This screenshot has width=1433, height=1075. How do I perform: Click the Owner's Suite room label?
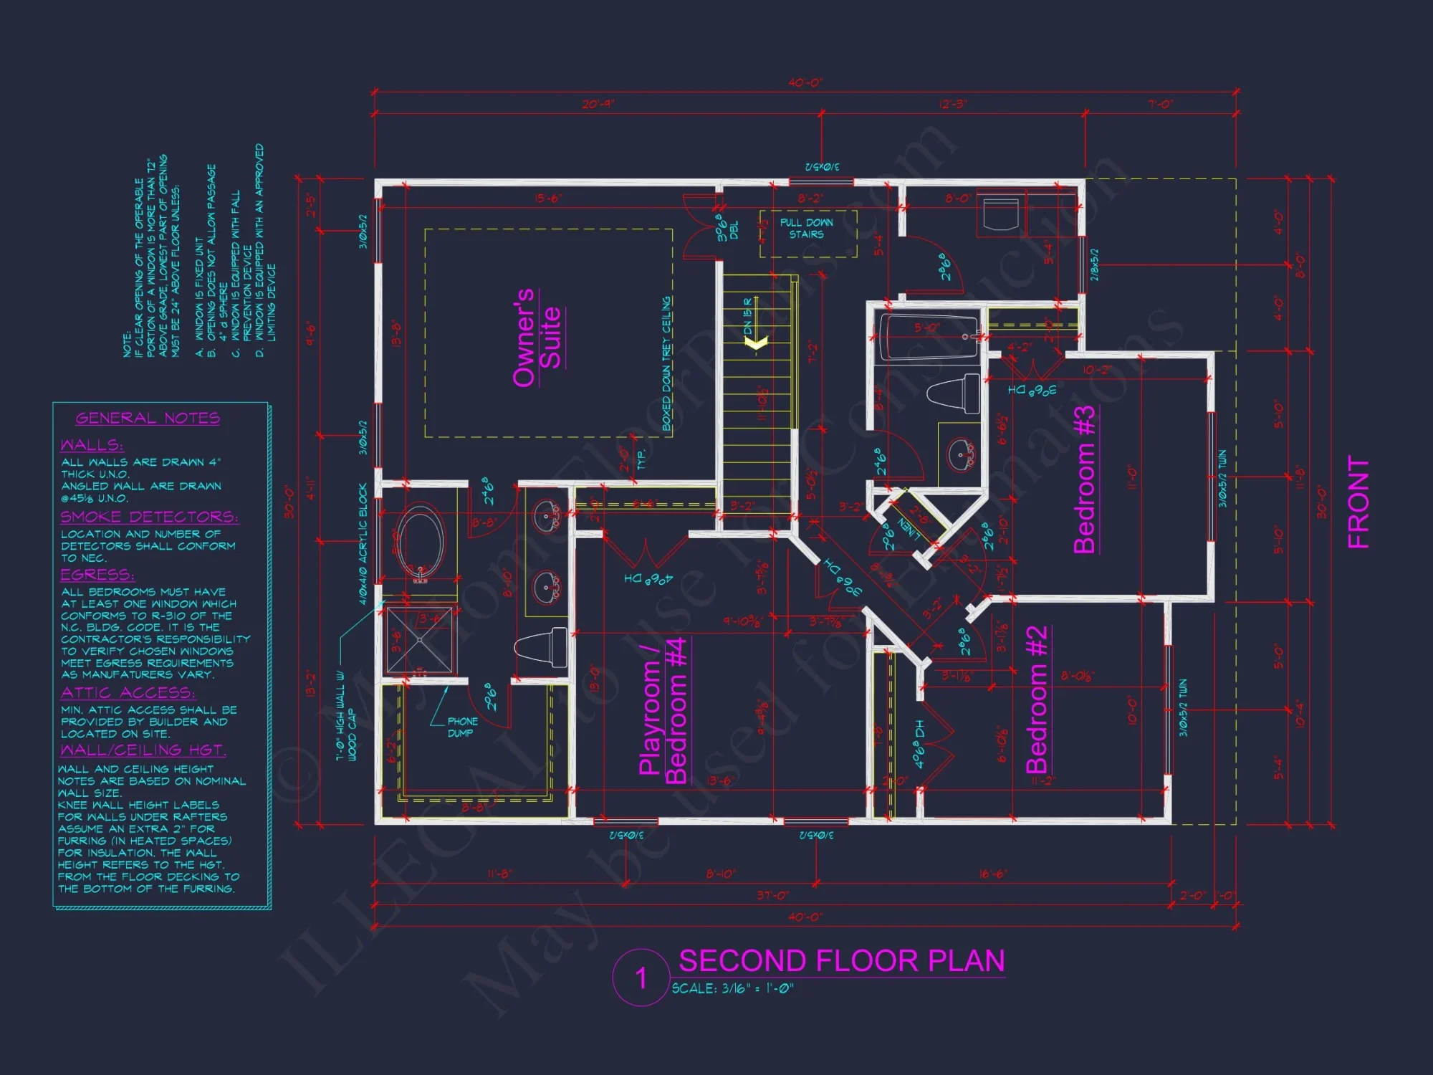click(x=537, y=338)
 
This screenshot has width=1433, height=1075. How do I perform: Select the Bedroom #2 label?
click(x=1037, y=699)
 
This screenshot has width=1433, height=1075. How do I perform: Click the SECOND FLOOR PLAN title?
click(x=841, y=961)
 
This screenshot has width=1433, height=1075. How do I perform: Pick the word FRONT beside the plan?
click(x=1358, y=502)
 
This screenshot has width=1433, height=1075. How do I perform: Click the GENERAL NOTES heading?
click(x=148, y=418)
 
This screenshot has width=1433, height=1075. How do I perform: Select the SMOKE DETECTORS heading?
click(x=149, y=517)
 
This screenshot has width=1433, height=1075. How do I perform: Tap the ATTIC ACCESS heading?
click(x=128, y=692)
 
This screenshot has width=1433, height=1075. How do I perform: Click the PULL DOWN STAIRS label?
click(x=807, y=229)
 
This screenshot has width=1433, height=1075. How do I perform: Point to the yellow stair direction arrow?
click(x=756, y=343)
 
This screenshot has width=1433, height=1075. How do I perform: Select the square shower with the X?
click(x=419, y=639)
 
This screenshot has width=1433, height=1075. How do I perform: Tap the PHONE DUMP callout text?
click(x=462, y=727)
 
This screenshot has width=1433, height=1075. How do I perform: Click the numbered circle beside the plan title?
click(x=641, y=978)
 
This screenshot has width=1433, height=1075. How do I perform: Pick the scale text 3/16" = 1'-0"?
click(x=732, y=988)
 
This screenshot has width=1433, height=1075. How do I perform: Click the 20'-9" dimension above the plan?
click(x=598, y=104)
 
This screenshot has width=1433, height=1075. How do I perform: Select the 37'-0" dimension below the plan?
click(x=772, y=895)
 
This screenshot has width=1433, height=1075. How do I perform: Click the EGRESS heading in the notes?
click(x=97, y=575)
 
